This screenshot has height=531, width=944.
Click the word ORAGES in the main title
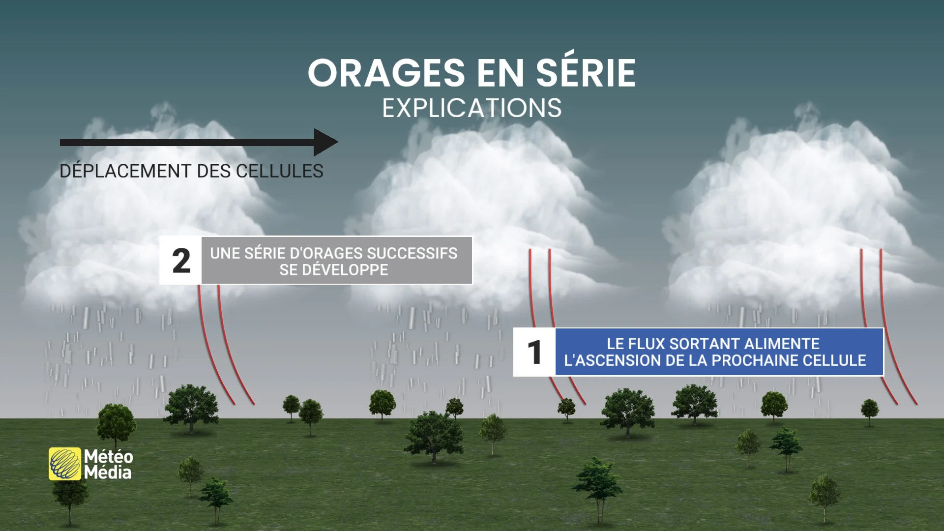tap(386, 73)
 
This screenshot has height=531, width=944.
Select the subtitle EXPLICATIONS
tap(472, 108)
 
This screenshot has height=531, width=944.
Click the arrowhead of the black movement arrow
tap(326, 143)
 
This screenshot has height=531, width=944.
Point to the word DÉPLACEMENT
tap(125, 171)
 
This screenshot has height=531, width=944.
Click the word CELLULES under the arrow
tap(279, 172)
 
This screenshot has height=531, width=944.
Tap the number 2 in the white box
tap(181, 261)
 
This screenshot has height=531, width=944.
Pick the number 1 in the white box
tap(534, 353)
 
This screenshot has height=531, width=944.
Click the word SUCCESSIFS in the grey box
tap(412, 253)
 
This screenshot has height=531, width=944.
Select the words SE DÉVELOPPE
tap(334, 270)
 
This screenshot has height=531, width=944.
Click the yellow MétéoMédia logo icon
tap(65, 464)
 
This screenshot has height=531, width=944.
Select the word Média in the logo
tap(108, 473)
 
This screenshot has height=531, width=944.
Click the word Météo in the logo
tap(109, 456)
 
